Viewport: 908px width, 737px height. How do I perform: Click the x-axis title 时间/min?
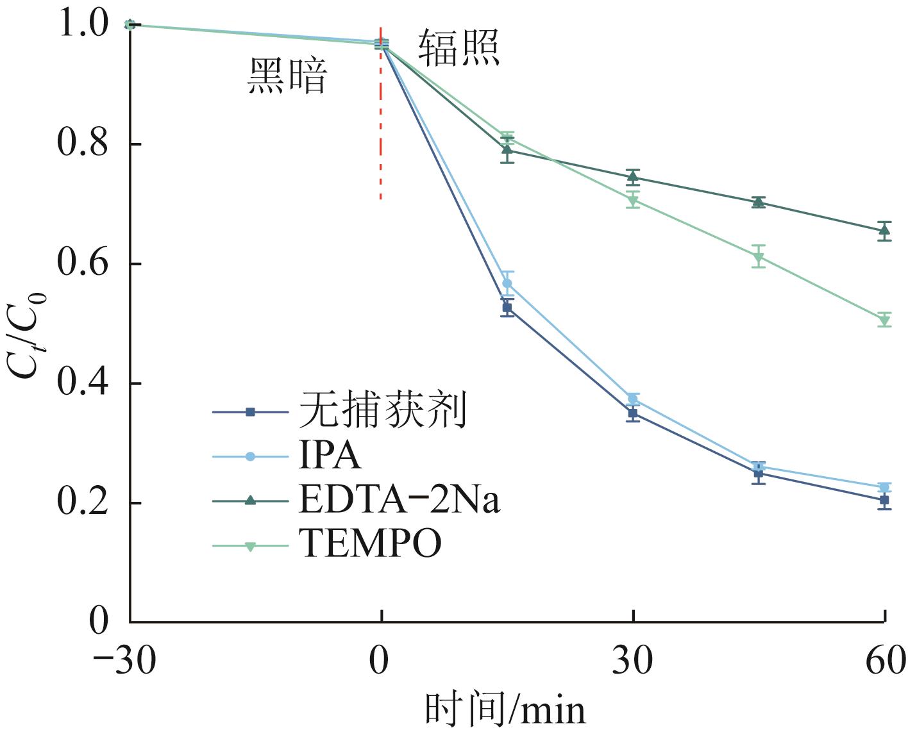tap(505, 710)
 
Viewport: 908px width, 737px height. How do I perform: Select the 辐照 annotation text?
tap(459, 47)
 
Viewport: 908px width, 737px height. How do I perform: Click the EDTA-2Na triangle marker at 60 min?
tap(885, 230)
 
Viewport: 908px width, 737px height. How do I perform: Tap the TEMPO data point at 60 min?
tap(885, 320)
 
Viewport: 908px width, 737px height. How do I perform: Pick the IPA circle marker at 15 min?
tap(507, 283)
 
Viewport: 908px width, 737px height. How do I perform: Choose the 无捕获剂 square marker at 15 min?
tap(507, 308)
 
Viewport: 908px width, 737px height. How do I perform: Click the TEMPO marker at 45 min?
tap(759, 257)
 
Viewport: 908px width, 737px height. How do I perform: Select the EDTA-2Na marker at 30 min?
tap(633, 177)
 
